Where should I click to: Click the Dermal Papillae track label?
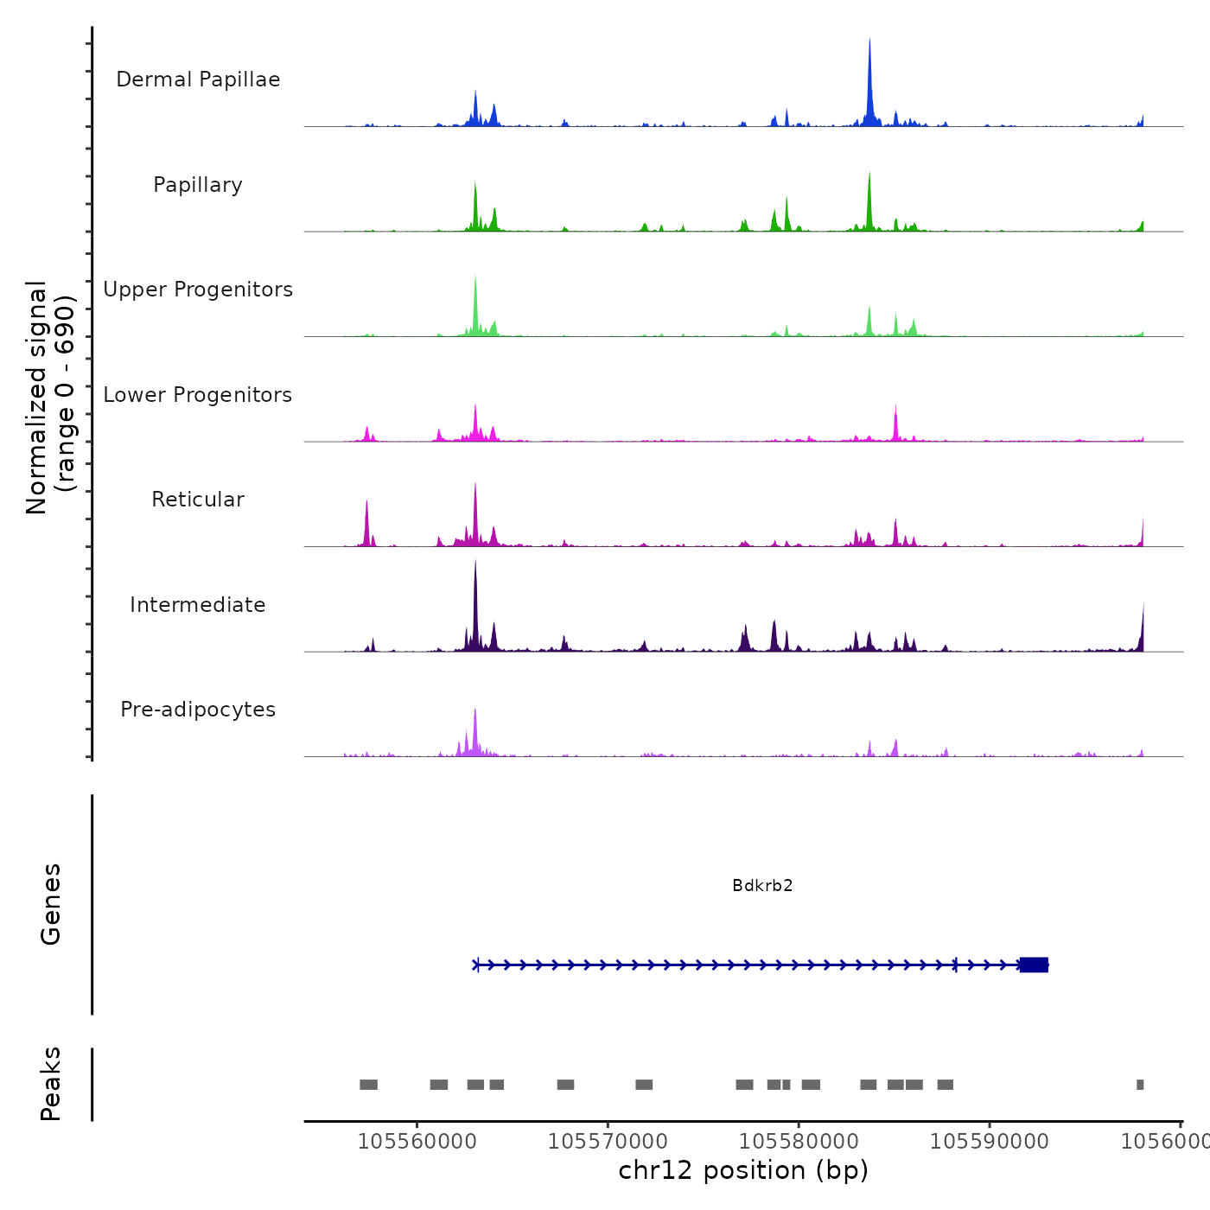point(198,80)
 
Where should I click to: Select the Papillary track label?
point(198,185)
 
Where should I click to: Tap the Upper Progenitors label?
point(198,290)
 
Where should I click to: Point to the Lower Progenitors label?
point(198,395)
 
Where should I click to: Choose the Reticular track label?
point(198,500)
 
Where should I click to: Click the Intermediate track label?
point(198,605)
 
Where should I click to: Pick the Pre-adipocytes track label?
point(198,710)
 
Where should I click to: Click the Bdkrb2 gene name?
point(762,885)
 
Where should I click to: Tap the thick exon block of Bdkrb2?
point(1034,965)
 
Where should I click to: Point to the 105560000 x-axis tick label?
point(417,1142)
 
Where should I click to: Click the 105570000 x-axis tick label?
point(608,1142)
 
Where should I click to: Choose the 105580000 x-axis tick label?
point(799,1142)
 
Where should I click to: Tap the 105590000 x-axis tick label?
point(990,1142)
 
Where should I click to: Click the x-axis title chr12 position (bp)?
point(743,1170)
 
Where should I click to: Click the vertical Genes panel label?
point(51,904)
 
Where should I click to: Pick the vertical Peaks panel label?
point(51,1084)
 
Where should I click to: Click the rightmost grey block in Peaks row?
point(1140,1085)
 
